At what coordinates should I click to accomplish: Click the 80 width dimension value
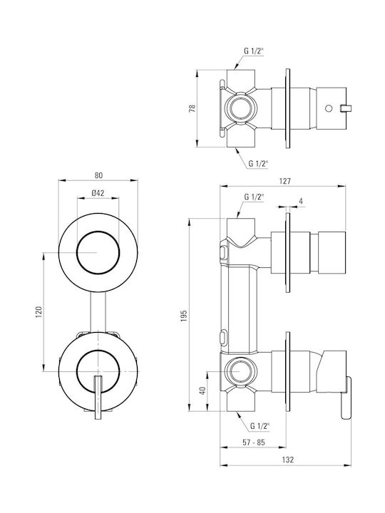[98, 175]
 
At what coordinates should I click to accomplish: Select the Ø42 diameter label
[98, 193]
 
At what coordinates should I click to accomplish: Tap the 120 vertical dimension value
[38, 312]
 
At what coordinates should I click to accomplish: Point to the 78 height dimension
[192, 108]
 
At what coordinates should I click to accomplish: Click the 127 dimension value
[284, 181]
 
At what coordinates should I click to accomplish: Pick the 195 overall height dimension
[184, 316]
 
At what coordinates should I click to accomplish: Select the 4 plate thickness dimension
[301, 201]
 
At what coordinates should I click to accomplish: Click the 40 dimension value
[202, 390]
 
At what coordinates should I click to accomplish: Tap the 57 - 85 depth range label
[254, 442]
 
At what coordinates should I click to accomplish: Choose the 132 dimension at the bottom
[288, 460]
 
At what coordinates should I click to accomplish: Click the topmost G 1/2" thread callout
[254, 51]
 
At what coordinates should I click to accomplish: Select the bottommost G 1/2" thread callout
[260, 426]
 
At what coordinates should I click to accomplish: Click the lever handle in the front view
[98, 397]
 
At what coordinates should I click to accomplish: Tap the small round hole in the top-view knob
[329, 108]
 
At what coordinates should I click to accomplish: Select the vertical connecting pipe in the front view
[98, 313]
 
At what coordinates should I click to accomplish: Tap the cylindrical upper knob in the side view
[332, 252]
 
